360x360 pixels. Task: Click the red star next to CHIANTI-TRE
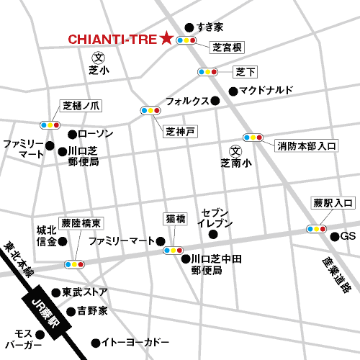[167, 39]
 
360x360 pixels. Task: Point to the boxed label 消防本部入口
[307, 145]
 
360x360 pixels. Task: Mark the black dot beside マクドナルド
[233, 91]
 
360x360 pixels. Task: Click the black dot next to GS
[334, 236]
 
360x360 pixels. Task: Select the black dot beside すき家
[189, 26]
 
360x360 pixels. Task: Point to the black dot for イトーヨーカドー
[94, 343]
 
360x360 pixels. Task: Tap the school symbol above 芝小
[99, 58]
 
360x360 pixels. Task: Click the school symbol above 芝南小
[234, 150]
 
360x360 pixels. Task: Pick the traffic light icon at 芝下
[207, 72]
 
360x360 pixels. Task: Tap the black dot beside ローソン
[71, 134]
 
